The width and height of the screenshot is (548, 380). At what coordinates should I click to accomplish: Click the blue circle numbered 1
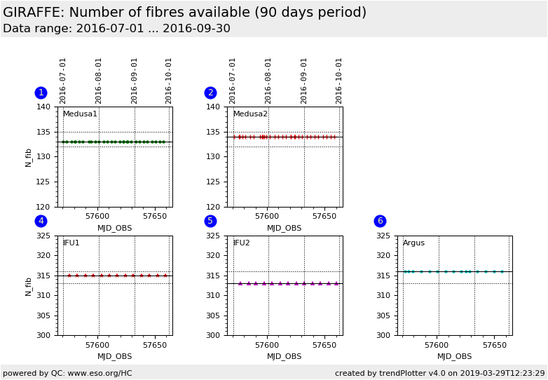point(41,93)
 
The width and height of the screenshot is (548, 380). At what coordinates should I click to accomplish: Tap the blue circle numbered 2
point(210,93)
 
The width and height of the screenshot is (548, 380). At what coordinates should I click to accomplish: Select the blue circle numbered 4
point(41,221)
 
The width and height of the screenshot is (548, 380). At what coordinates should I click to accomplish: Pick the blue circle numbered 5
point(210,221)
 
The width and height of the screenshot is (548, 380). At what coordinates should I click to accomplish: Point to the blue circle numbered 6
point(380,221)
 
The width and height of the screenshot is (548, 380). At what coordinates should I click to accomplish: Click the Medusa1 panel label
point(80,114)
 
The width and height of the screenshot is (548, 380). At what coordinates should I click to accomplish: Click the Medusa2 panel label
point(250,114)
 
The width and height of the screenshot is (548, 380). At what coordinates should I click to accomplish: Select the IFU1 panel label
point(71,243)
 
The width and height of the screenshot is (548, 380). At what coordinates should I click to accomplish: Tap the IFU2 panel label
point(242,243)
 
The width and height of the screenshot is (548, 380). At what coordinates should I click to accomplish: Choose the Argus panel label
point(413,243)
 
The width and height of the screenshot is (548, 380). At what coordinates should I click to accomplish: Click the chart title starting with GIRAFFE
point(184,13)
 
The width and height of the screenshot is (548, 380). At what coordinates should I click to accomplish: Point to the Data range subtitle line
point(116,29)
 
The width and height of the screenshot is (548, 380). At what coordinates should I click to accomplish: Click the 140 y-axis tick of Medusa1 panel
point(43,107)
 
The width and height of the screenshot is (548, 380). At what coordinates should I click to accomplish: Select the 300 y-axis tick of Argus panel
point(384,335)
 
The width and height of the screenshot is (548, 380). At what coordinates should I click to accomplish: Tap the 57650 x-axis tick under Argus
point(494,346)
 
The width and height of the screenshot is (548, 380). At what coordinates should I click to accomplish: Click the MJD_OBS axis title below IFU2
point(284,356)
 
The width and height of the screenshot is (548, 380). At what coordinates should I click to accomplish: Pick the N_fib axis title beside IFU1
point(29,285)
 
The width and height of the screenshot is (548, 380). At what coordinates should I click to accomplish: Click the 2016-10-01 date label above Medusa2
point(339,81)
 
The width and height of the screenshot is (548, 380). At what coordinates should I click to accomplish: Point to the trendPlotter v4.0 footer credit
point(439,373)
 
